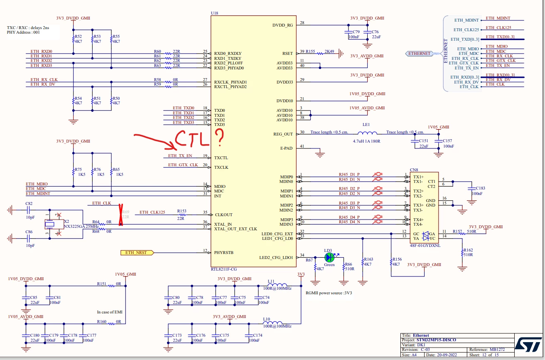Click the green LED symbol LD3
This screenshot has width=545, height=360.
[x=329, y=257]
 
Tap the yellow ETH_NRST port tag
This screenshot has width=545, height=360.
[x=137, y=253]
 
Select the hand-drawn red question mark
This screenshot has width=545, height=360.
[x=219, y=137]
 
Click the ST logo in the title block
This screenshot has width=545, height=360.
[x=528, y=344]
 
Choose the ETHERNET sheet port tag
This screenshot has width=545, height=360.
[x=419, y=54]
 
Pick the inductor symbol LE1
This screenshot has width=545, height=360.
[x=367, y=133]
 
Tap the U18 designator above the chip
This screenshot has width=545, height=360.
[x=214, y=13]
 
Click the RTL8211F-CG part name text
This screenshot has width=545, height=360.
[x=223, y=269]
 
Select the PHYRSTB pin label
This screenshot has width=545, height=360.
[x=223, y=253]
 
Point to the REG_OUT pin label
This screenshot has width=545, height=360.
[x=283, y=134]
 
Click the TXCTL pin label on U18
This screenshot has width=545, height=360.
[x=221, y=158]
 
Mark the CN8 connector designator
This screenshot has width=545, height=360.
[x=414, y=170]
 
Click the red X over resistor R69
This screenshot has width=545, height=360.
[x=121, y=215]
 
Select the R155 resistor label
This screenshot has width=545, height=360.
[x=310, y=52]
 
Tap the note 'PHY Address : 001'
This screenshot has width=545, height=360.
[x=23, y=32]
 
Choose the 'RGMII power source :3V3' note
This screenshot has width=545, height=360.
[x=329, y=293]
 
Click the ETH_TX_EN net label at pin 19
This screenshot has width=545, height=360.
[x=180, y=155]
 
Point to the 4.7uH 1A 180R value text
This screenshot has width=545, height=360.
[x=366, y=141]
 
